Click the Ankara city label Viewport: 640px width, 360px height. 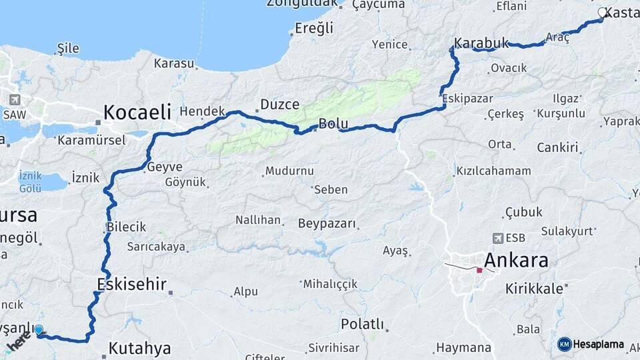[517, 260]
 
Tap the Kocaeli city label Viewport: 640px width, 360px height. [137, 111]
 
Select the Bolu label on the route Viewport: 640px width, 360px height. [333, 123]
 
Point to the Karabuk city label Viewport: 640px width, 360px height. [481, 43]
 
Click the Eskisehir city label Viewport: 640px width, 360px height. [131, 284]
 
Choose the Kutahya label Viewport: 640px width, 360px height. [139, 348]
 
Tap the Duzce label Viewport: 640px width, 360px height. [279, 104]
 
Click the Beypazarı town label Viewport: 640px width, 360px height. [327, 223]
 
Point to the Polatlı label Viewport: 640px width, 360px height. [363, 325]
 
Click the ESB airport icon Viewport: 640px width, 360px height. [497, 238]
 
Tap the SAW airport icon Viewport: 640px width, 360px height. [14, 100]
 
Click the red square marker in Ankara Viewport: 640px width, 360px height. [479, 271]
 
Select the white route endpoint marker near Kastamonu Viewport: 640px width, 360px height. [603, 12]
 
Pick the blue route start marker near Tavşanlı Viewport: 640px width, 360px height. [39, 329]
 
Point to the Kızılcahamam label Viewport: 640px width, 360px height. [493, 171]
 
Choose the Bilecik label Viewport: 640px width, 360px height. [126, 227]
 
